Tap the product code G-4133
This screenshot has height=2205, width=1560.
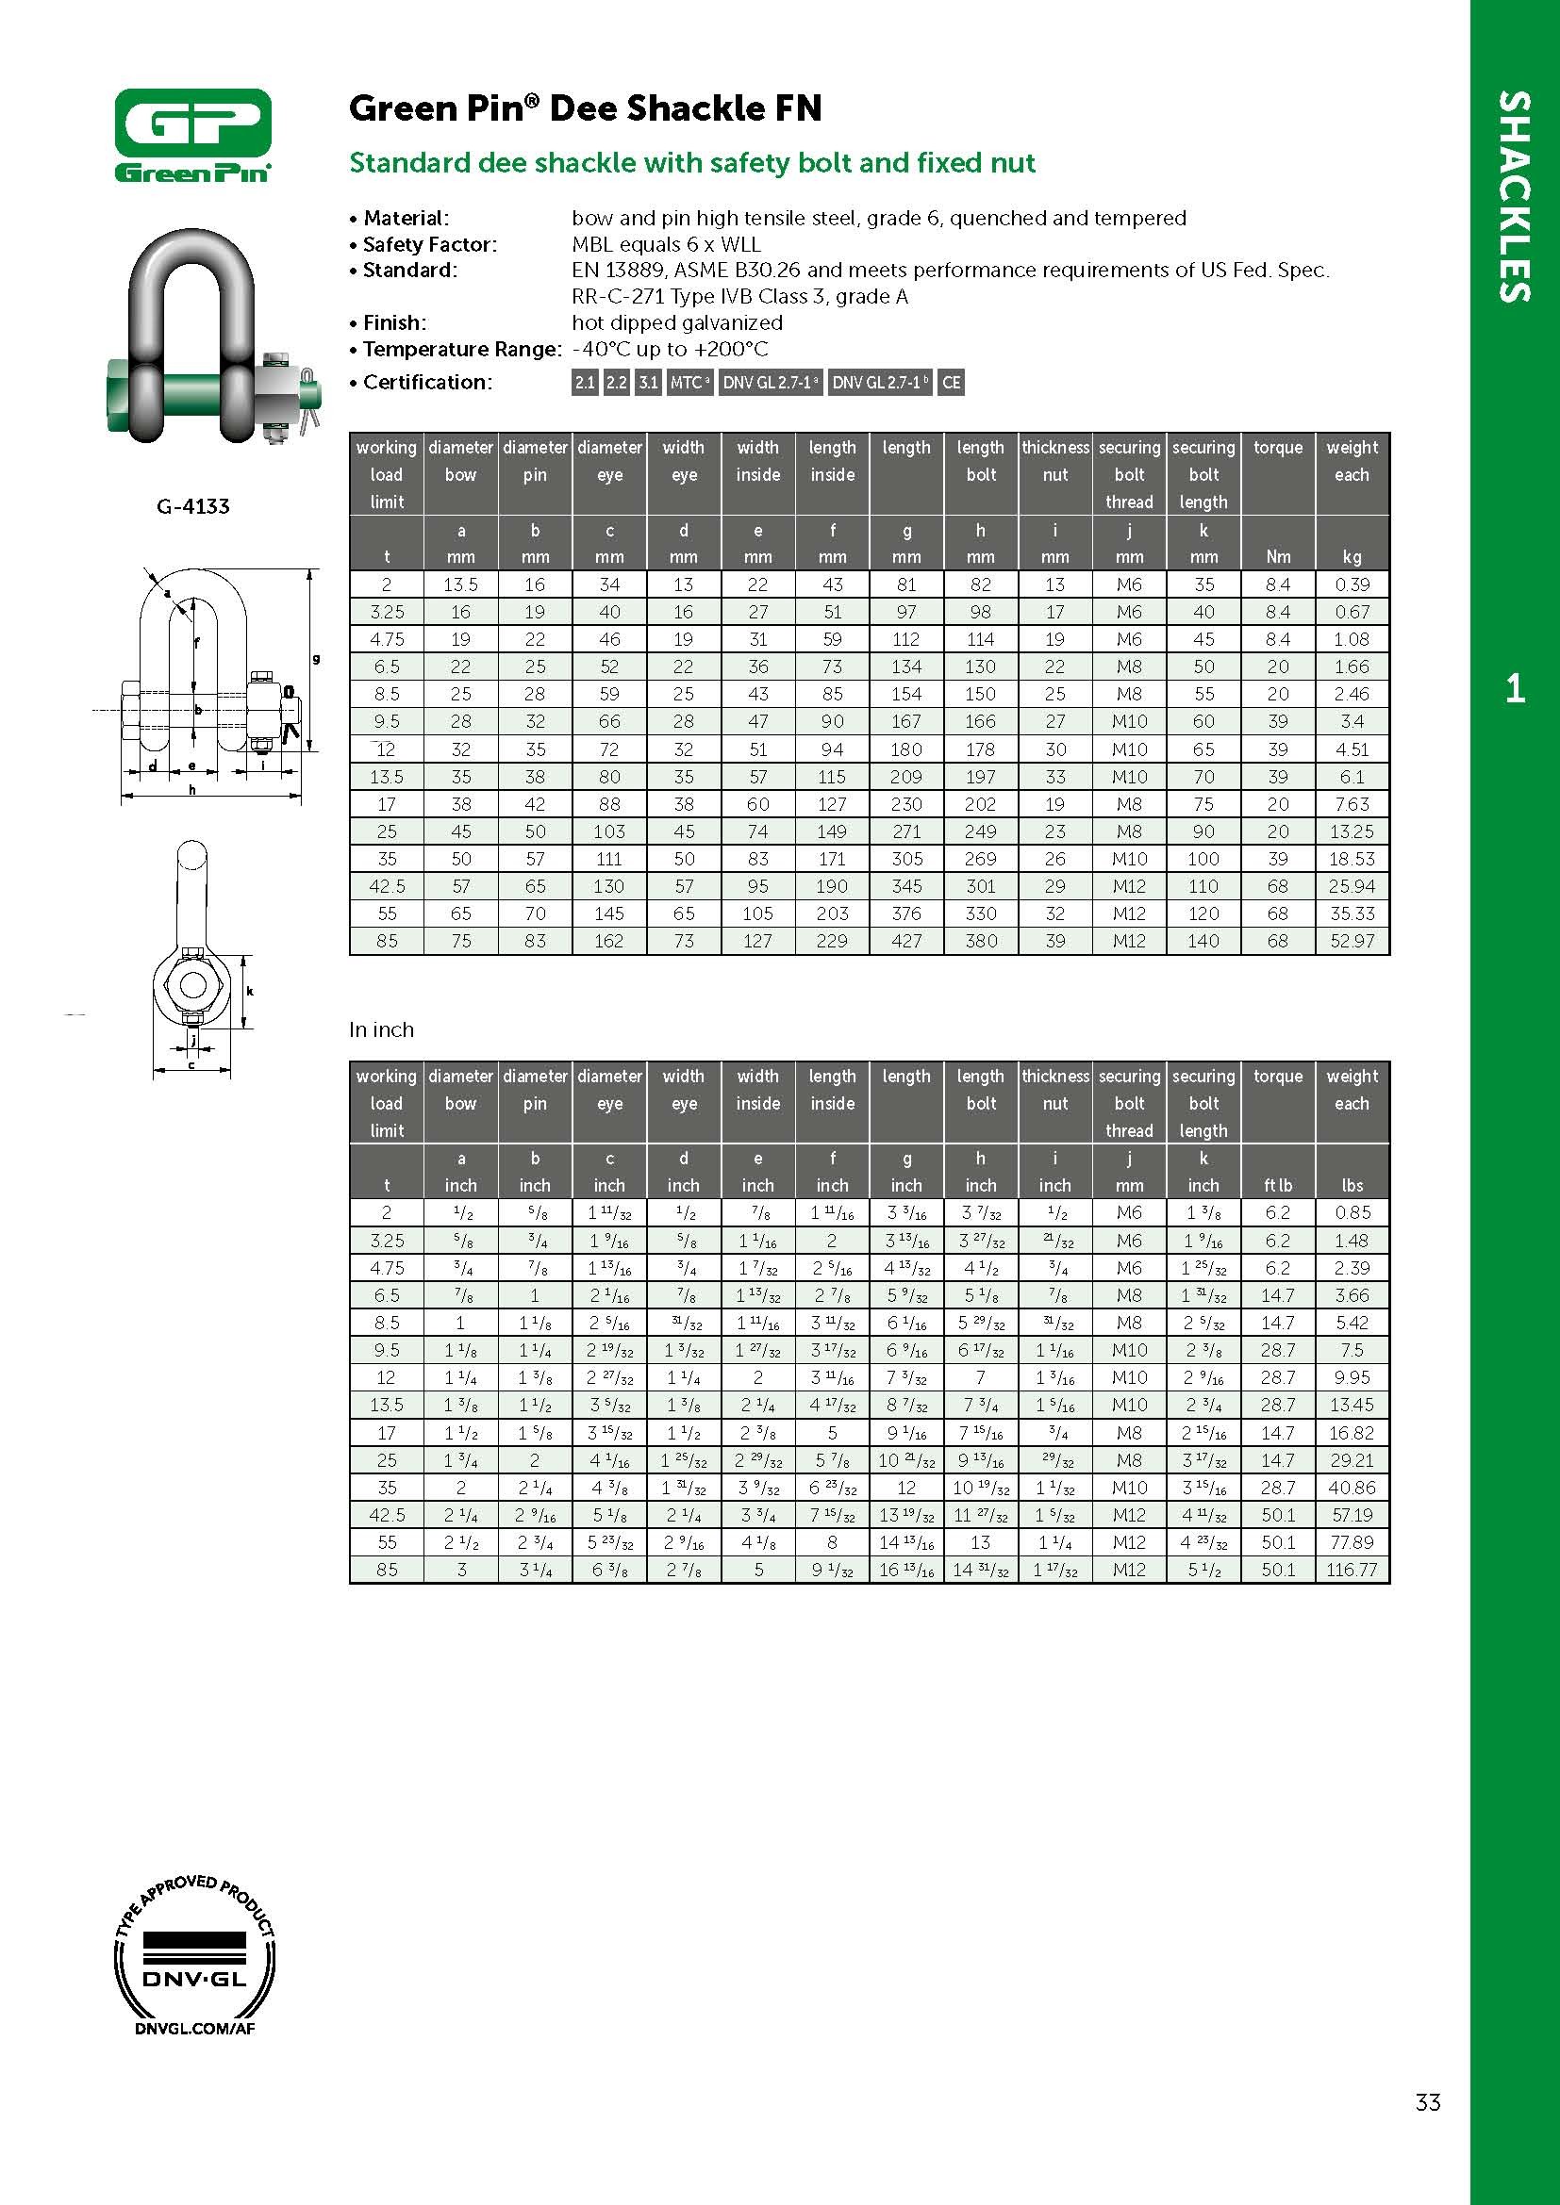coord(193,506)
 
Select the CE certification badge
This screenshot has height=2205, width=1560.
coord(951,382)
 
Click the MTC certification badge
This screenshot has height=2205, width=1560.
coord(689,382)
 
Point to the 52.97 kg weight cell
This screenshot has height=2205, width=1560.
coord(1352,941)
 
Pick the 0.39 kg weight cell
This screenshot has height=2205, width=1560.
coord(1352,584)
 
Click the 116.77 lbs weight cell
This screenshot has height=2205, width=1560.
coord(1352,1570)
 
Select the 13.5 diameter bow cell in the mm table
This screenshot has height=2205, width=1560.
coord(461,584)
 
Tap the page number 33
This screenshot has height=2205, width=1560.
coord(1427,2102)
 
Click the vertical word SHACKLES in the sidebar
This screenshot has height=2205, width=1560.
coord(1515,197)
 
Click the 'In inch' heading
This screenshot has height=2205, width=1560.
coord(381,1029)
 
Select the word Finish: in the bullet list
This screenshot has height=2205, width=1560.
coord(394,322)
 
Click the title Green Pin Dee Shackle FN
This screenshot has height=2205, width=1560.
coord(585,107)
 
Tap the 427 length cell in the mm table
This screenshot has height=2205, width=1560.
coord(905,941)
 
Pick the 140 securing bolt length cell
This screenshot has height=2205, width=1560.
coord(1203,941)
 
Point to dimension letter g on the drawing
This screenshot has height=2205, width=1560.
coord(316,659)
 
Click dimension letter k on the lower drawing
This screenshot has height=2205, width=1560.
coord(250,990)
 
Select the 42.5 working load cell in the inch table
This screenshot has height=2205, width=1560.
coord(387,1515)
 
